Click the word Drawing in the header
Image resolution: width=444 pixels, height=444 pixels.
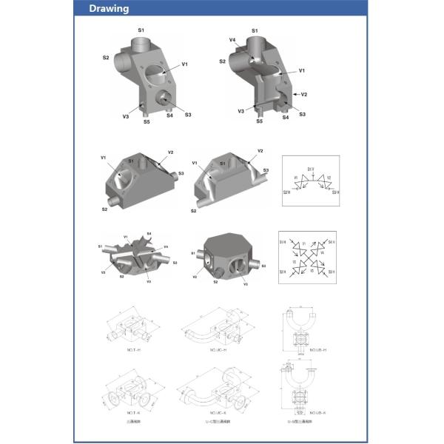click(x=109, y=9)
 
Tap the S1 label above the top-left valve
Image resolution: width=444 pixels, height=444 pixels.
click(x=141, y=29)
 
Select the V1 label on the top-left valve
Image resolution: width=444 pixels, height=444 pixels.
click(x=184, y=64)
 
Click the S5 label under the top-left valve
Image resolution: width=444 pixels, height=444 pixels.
click(x=147, y=121)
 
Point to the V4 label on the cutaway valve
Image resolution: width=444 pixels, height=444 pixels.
click(x=232, y=39)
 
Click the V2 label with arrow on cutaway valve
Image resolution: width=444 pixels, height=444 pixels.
click(x=303, y=95)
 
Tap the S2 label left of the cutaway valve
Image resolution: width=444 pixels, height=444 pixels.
click(x=222, y=61)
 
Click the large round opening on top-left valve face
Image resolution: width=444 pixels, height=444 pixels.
click(x=155, y=73)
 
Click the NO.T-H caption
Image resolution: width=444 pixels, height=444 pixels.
click(x=133, y=349)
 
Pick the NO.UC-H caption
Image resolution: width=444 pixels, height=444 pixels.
click(x=218, y=349)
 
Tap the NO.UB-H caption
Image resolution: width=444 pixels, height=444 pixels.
click(x=317, y=349)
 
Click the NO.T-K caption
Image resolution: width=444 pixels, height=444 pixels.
click(x=133, y=411)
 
